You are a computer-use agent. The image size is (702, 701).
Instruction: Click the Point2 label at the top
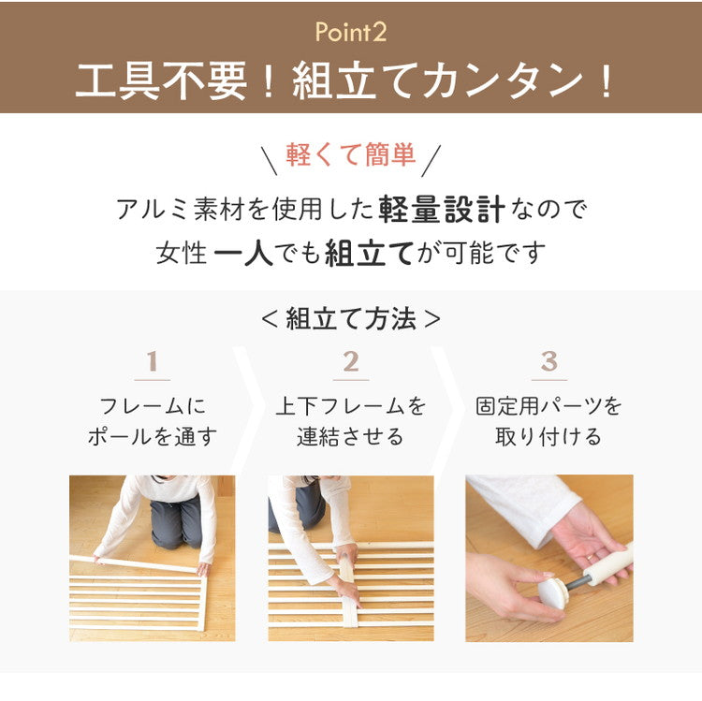350,33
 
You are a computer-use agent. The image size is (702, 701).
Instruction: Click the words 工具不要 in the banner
162,81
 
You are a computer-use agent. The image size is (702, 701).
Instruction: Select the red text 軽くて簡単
350,154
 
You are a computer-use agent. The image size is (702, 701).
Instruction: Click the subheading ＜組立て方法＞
350,318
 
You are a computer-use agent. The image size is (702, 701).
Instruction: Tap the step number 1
152,361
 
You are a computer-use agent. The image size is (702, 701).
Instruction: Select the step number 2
351,361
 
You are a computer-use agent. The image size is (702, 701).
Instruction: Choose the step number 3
549,361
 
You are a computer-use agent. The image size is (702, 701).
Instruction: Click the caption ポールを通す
152,436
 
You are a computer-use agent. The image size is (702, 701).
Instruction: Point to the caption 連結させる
351,436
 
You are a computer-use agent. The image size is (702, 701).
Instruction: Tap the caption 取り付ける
549,436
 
